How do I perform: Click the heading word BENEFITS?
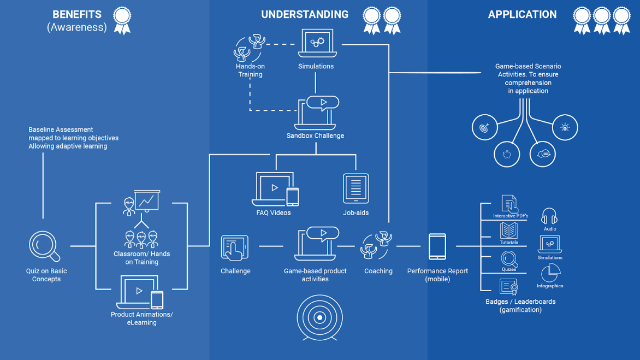(x=77, y=15)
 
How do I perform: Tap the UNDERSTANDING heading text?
(x=305, y=15)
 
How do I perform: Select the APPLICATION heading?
(x=522, y=15)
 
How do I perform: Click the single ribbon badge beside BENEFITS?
(x=122, y=21)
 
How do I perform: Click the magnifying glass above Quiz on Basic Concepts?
(x=44, y=246)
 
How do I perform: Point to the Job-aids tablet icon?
(x=355, y=188)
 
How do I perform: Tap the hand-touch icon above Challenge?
(x=235, y=248)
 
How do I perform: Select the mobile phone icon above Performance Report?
(x=437, y=247)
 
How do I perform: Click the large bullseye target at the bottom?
(x=320, y=317)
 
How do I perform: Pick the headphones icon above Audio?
(x=549, y=217)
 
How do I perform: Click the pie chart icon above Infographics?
(x=550, y=273)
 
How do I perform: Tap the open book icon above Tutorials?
(x=509, y=231)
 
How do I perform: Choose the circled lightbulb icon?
(x=565, y=127)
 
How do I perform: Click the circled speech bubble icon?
(x=542, y=154)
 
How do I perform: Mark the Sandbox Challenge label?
(x=315, y=135)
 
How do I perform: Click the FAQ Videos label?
(x=273, y=213)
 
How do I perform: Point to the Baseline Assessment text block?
(x=73, y=138)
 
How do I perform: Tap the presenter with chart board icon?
(x=141, y=202)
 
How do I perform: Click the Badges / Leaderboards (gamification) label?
(x=520, y=305)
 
